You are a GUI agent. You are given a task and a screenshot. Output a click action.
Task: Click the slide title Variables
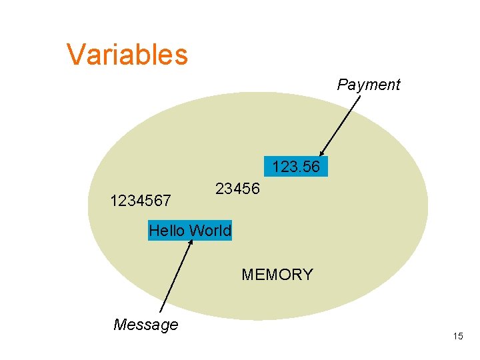(127, 54)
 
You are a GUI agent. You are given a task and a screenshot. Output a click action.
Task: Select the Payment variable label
(368, 85)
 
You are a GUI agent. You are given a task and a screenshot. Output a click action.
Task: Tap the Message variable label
(145, 325)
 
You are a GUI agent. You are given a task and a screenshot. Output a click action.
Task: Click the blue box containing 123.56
(296, 167)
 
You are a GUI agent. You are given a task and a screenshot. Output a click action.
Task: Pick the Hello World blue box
(190, 231)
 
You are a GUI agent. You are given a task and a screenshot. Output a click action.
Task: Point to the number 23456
(237, 189)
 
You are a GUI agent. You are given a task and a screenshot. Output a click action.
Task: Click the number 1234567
(141, 200)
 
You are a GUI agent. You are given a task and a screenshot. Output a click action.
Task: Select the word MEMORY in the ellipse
(277, 275)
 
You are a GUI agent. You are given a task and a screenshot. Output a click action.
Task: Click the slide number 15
(457, 336)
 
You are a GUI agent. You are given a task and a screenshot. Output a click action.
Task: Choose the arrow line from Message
(177, 276)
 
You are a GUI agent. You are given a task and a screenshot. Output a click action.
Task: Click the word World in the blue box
(210, 231)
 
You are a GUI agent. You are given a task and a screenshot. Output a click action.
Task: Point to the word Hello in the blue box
(167, 231)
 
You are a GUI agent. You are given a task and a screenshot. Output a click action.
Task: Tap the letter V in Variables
(75, 55)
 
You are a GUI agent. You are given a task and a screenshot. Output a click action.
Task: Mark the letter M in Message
(121, 325)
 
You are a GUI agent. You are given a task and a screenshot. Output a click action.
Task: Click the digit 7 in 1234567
(167, 200)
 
